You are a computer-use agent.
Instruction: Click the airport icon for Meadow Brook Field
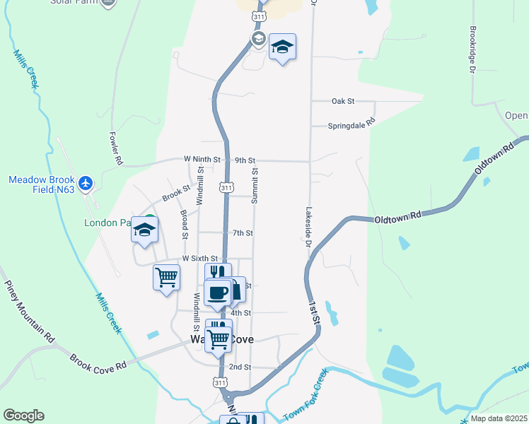86,184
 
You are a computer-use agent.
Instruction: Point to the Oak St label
343,102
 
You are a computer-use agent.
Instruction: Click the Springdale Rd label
351,126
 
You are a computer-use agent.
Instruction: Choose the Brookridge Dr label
472,49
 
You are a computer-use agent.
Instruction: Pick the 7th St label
243,233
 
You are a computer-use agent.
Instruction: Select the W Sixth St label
200,259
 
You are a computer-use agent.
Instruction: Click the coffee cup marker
217,291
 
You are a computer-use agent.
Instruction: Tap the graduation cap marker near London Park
144,231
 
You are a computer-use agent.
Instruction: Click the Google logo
23,416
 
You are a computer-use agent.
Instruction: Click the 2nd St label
239,367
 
